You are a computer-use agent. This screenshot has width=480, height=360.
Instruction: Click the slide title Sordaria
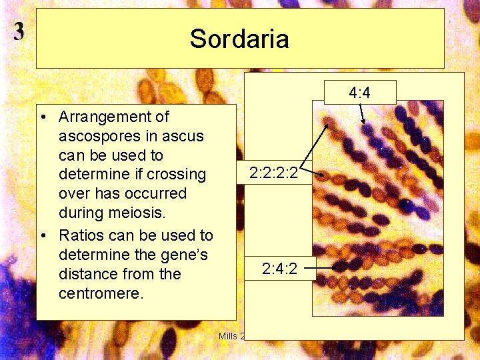point(239,39)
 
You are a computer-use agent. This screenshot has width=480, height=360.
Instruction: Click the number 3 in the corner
point(19,31)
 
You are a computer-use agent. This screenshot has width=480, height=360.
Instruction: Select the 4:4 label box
point(359,93)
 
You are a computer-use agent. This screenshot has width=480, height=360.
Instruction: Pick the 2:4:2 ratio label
point(279,269)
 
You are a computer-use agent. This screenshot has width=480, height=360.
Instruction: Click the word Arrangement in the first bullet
point(113,117)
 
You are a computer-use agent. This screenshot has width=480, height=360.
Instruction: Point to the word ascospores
point(99,137)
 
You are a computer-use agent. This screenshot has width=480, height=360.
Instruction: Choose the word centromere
point(100,293)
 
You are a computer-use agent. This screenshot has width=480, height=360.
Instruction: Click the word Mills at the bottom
point(228,335)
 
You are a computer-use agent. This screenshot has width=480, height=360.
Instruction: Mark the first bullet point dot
point(42,118)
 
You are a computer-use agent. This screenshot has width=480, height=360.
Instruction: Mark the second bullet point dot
point(42,236)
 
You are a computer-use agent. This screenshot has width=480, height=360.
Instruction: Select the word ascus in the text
point(186,137)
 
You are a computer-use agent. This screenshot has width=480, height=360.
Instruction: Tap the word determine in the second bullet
point(90,255)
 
